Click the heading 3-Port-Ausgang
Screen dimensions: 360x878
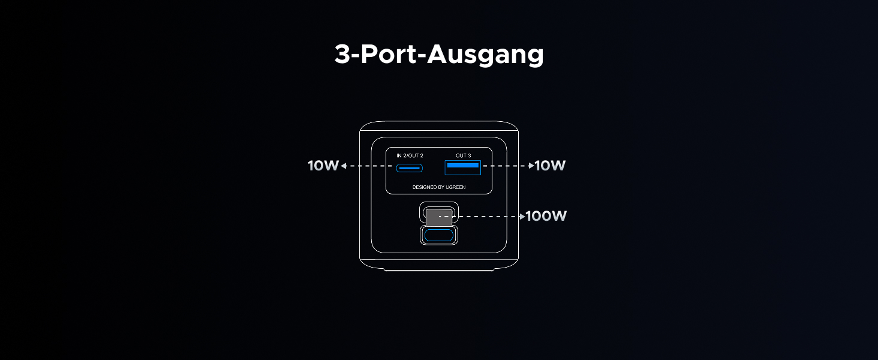coord(439,55)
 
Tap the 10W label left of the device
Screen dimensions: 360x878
coord(323,166)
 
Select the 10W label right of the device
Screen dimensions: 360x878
coord(550,166)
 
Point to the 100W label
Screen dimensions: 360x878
coord(546,216)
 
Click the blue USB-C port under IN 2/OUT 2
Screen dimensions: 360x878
coord(409,167)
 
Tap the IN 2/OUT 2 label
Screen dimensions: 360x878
coord(410,155)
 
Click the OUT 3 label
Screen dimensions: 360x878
coord(463,155)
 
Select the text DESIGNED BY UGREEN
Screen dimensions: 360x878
coord(439,187)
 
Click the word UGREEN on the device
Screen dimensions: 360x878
coord(455,187)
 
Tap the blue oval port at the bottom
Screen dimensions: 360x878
coord(438,235)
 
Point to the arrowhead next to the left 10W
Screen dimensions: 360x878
coord(343,166)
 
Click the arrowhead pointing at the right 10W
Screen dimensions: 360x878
coord(531,166)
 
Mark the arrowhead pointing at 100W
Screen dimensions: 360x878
coord(522,216)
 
